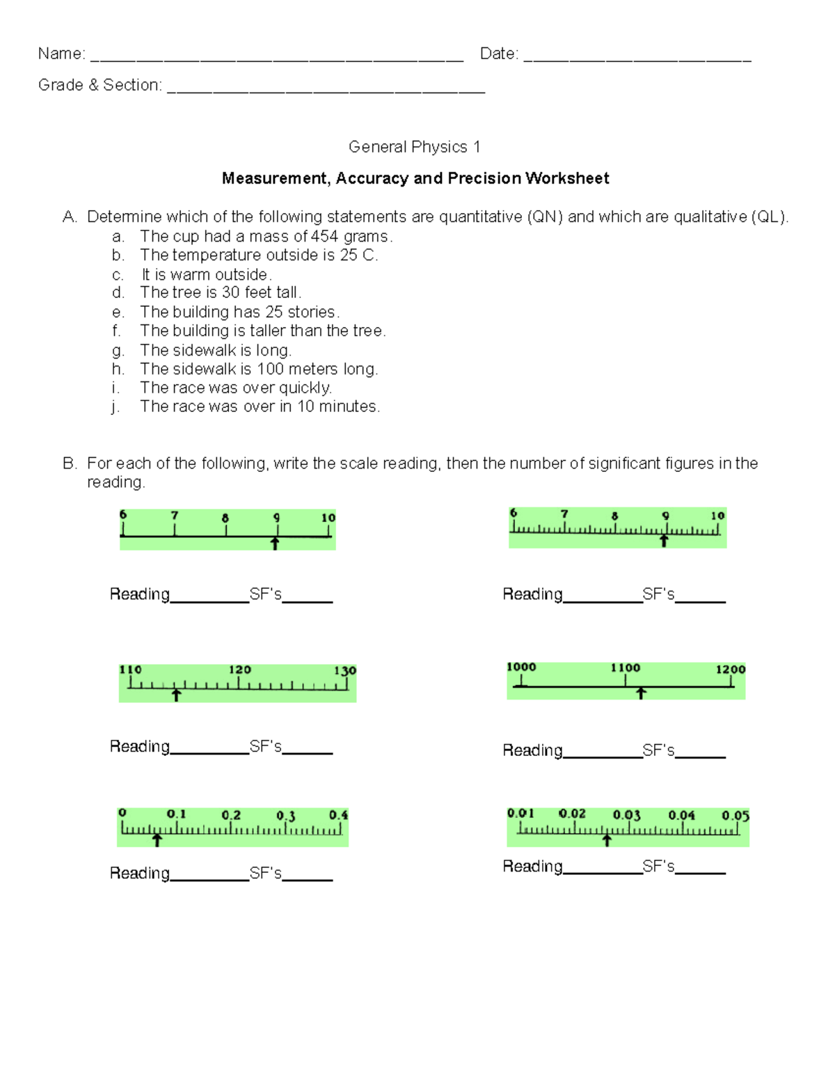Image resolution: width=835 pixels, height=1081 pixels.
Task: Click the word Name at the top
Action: pyautogui.click(x=61, y=54)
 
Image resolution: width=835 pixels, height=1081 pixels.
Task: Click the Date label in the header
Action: pyautogui.click(x=498, y=54)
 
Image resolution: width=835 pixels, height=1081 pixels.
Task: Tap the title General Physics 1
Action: pyautogui.click(x=414, y=147)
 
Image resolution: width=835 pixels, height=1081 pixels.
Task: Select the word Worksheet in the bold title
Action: pyautogui.click(x=567, y=178)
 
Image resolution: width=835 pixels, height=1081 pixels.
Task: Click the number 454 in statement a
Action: pyautogui.click(x=324, y=236)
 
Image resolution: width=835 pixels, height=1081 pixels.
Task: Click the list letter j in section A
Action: pyautogui.click(x=115, y=407)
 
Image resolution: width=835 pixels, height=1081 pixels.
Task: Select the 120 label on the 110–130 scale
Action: pyautogui.click(x=239, y=670)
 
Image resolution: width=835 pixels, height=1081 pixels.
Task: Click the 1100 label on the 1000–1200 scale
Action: pyautogui.click(x=625, y=668)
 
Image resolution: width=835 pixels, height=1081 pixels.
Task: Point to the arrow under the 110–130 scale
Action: pyautogui.click(x=177, y=695)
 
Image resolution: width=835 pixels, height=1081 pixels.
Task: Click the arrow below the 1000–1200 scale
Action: pyautogui.click(x=641, y=693)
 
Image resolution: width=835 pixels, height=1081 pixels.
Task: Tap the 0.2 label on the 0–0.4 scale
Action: pyautogui.click(x=231, y=815)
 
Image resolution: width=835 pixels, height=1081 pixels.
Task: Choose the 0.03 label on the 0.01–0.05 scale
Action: pyautogui.click(x=626, y=814)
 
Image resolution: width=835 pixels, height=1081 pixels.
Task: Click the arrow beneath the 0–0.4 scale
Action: pyautogui.click(x=157, y=840)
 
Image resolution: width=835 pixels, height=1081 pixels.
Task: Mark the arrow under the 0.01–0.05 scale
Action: pyautogui.click(x=607, y=840)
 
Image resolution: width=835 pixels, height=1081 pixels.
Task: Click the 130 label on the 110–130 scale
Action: pyautogui.click(x=344, y=670)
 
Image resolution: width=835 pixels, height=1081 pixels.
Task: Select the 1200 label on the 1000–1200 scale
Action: pyautogui.click(x=730, y=669)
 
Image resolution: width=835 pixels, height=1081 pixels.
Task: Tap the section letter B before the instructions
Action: pyautogui.click(x=68, y=464)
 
